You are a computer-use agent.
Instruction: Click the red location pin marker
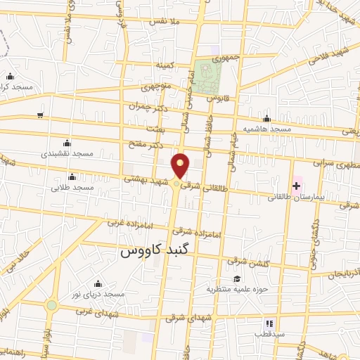pos(181,165)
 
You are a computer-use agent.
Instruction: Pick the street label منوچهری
pos(155,88)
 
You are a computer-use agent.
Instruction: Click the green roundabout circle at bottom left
pos(51,306)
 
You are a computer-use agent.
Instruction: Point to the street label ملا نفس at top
pos(163,22)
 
